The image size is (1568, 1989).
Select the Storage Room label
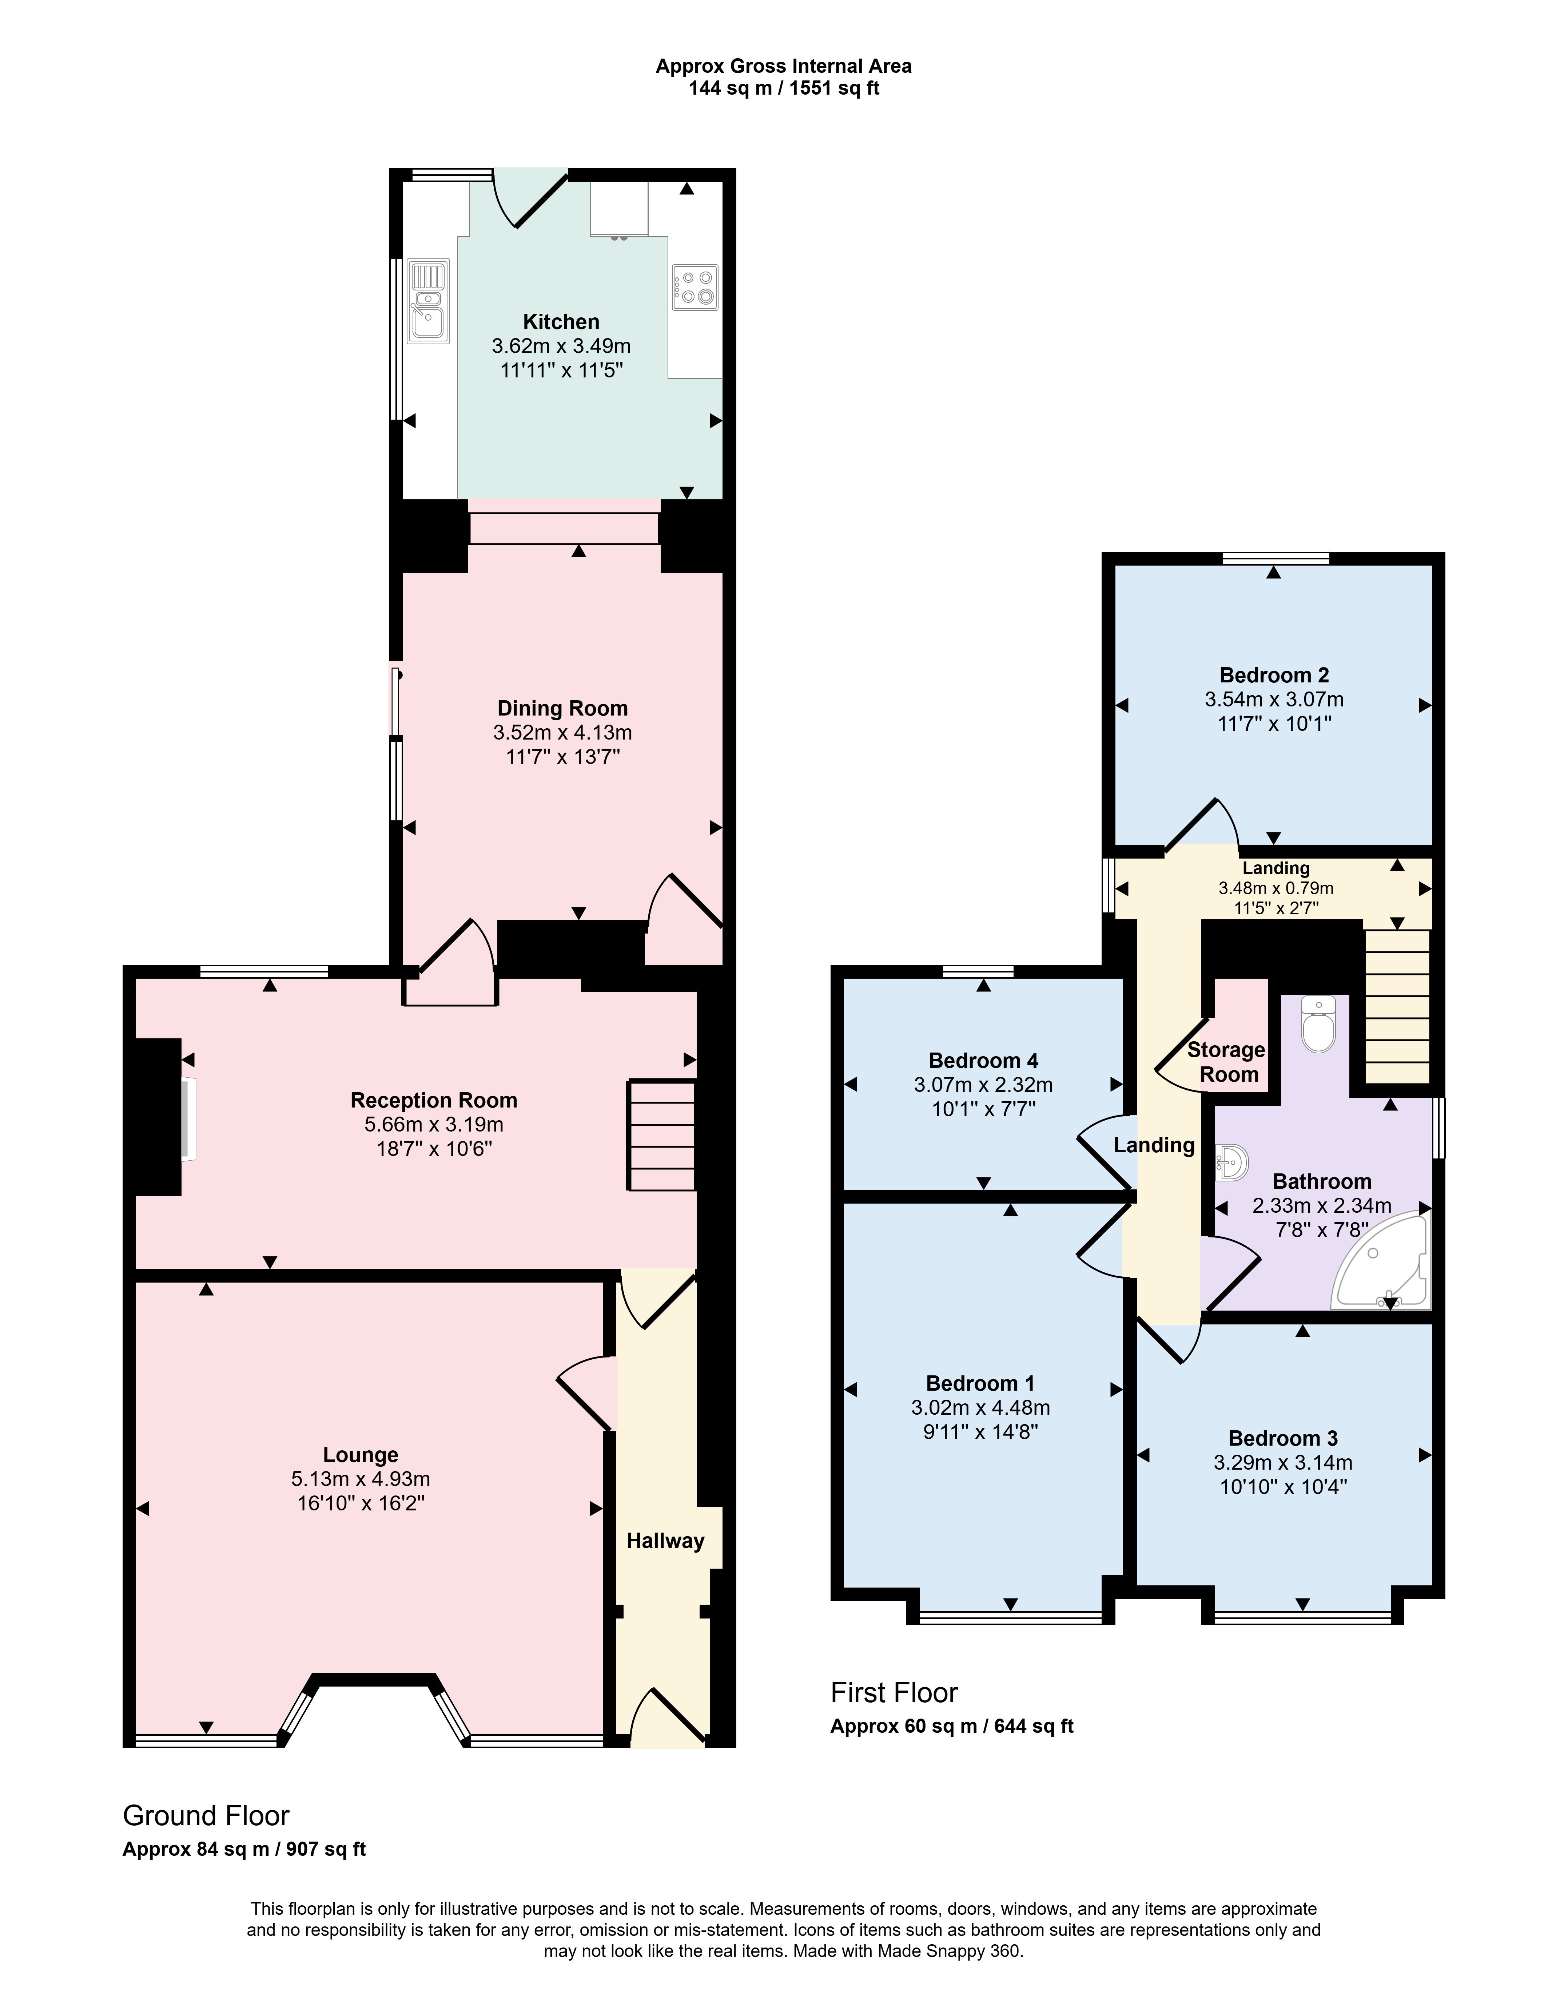(1226, 1062)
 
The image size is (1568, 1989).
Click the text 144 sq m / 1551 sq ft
(784, 89)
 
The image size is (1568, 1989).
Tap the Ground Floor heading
(207, 1816)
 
